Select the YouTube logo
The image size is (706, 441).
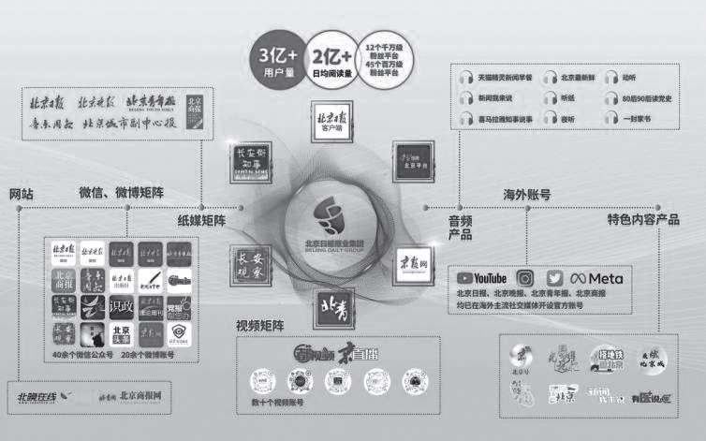point(481,278)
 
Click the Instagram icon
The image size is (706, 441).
point(525,278)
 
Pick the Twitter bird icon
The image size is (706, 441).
point(555,278)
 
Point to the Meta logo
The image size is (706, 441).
point(596,278)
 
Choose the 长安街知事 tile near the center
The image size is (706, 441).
point(245,166)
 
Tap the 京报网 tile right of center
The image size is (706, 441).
point(413,259)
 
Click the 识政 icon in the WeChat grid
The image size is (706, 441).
point(122,305)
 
